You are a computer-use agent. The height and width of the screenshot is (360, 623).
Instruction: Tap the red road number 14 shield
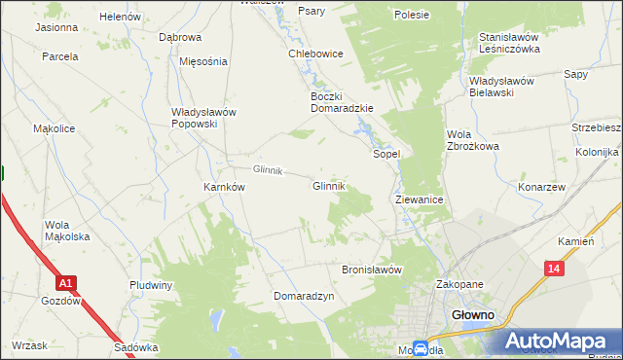[554, 269]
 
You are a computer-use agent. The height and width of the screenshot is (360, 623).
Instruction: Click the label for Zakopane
[459, 285]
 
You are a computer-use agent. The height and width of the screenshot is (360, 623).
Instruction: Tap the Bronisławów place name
[372, 270]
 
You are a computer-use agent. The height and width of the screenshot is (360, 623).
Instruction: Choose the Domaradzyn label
[304, 295]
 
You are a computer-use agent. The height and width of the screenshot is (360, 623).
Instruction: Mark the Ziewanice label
[421, 198]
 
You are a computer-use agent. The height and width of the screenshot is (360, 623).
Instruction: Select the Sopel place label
[387, 154]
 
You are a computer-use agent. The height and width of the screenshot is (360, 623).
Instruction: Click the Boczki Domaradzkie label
[342, 102]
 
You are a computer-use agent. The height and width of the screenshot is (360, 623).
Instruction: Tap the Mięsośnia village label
[203, 60]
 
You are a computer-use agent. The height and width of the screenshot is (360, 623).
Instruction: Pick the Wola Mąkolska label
[67, 231]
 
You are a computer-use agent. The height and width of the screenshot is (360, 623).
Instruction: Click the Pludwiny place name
[151, 285]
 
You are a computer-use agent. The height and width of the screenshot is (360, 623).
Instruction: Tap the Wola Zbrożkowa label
[472, 140]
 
